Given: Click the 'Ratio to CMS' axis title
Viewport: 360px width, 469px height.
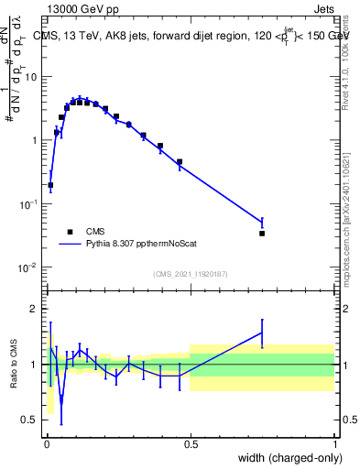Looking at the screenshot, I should (14, 365).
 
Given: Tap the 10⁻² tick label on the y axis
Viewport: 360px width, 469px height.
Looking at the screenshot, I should (28, 267).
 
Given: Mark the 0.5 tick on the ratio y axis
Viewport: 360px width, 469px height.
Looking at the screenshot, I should (30, 420).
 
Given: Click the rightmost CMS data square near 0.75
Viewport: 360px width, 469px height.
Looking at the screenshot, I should (262, 234).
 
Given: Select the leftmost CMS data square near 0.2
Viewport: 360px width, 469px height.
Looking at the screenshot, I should (50, 185).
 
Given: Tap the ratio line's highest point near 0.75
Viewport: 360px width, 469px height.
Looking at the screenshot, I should (262, 333).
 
